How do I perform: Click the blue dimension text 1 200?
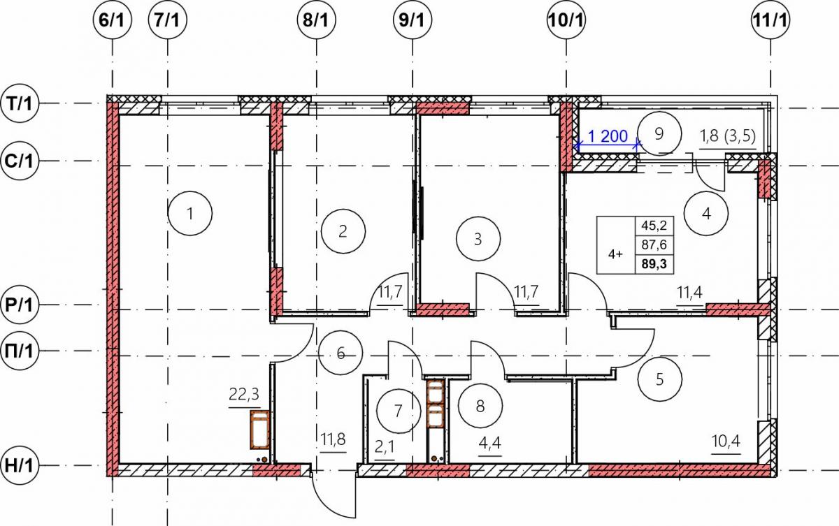coord(608,136)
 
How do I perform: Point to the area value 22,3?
coord(244,394)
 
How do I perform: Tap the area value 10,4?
coord(726,441)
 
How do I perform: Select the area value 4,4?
coord(490,444)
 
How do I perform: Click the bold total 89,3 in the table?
coord(654,264)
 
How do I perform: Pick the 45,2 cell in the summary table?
coord(654,226)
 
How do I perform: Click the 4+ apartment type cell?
coord(615,255)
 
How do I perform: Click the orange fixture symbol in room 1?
coord(260,430)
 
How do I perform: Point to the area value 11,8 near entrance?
coord(333,439)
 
